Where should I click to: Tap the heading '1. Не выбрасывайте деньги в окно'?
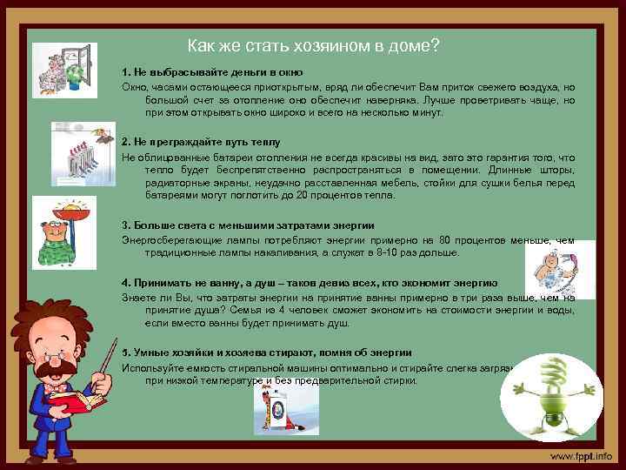[x=212, y=71]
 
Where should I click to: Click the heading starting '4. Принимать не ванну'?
[x=310, y=283]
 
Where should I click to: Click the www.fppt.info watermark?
[x=579, y=455]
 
